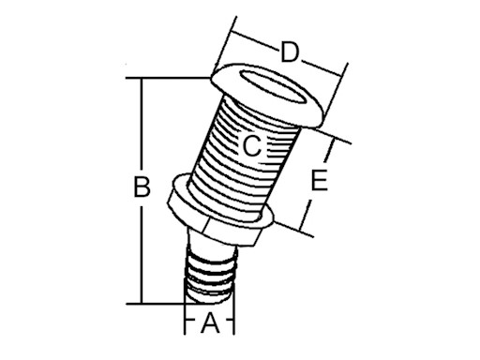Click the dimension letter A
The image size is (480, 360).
tap(211, 324)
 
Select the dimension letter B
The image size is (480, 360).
tap(142, 187)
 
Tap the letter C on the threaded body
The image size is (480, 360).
tap(251, 146)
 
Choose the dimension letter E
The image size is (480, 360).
tap(320, 181)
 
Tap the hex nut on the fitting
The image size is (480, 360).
tap(221, 217)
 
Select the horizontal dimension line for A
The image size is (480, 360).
tap(192, 324)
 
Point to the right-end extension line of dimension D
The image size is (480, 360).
tap(337, 89)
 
